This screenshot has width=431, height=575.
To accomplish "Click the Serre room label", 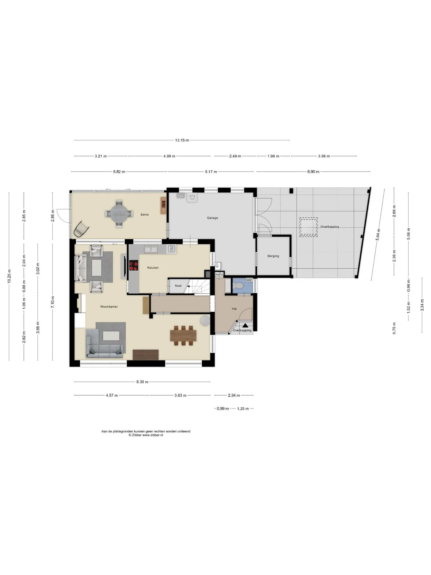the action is tap(145, 214).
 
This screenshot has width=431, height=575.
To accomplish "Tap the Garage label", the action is tap(212, 218).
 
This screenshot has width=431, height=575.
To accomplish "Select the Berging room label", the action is tap(273, 256).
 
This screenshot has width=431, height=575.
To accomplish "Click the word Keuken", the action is tap(153, 267).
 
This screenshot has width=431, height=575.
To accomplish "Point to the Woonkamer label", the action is tap(109, 307).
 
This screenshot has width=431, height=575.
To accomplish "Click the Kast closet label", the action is tap(178, 286).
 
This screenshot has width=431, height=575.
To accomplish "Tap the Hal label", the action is tap(234, 308).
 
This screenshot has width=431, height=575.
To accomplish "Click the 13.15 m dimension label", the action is tap(182, 140).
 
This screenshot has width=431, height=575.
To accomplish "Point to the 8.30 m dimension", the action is tap(142, 382).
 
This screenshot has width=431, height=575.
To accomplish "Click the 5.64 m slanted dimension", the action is tap(378, 234).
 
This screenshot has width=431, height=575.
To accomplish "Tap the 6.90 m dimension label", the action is tap(313, 172).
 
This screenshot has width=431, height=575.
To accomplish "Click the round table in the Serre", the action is tap(119, 214).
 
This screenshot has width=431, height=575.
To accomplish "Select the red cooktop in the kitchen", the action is tap(134, 266).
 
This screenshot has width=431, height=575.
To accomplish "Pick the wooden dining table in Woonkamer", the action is tap(183, 335).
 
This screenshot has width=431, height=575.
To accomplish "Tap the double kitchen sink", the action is tap(151, 249).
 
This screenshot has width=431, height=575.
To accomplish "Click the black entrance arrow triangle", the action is tap(245, 325).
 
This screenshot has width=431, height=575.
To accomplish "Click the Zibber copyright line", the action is tap(146, 435).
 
